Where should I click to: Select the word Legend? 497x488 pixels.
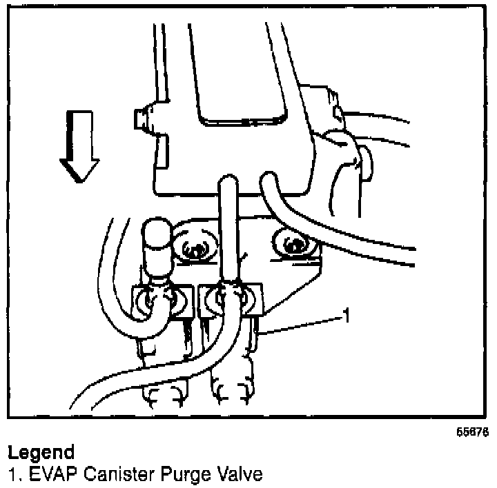41,453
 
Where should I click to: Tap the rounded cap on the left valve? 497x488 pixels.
158,236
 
